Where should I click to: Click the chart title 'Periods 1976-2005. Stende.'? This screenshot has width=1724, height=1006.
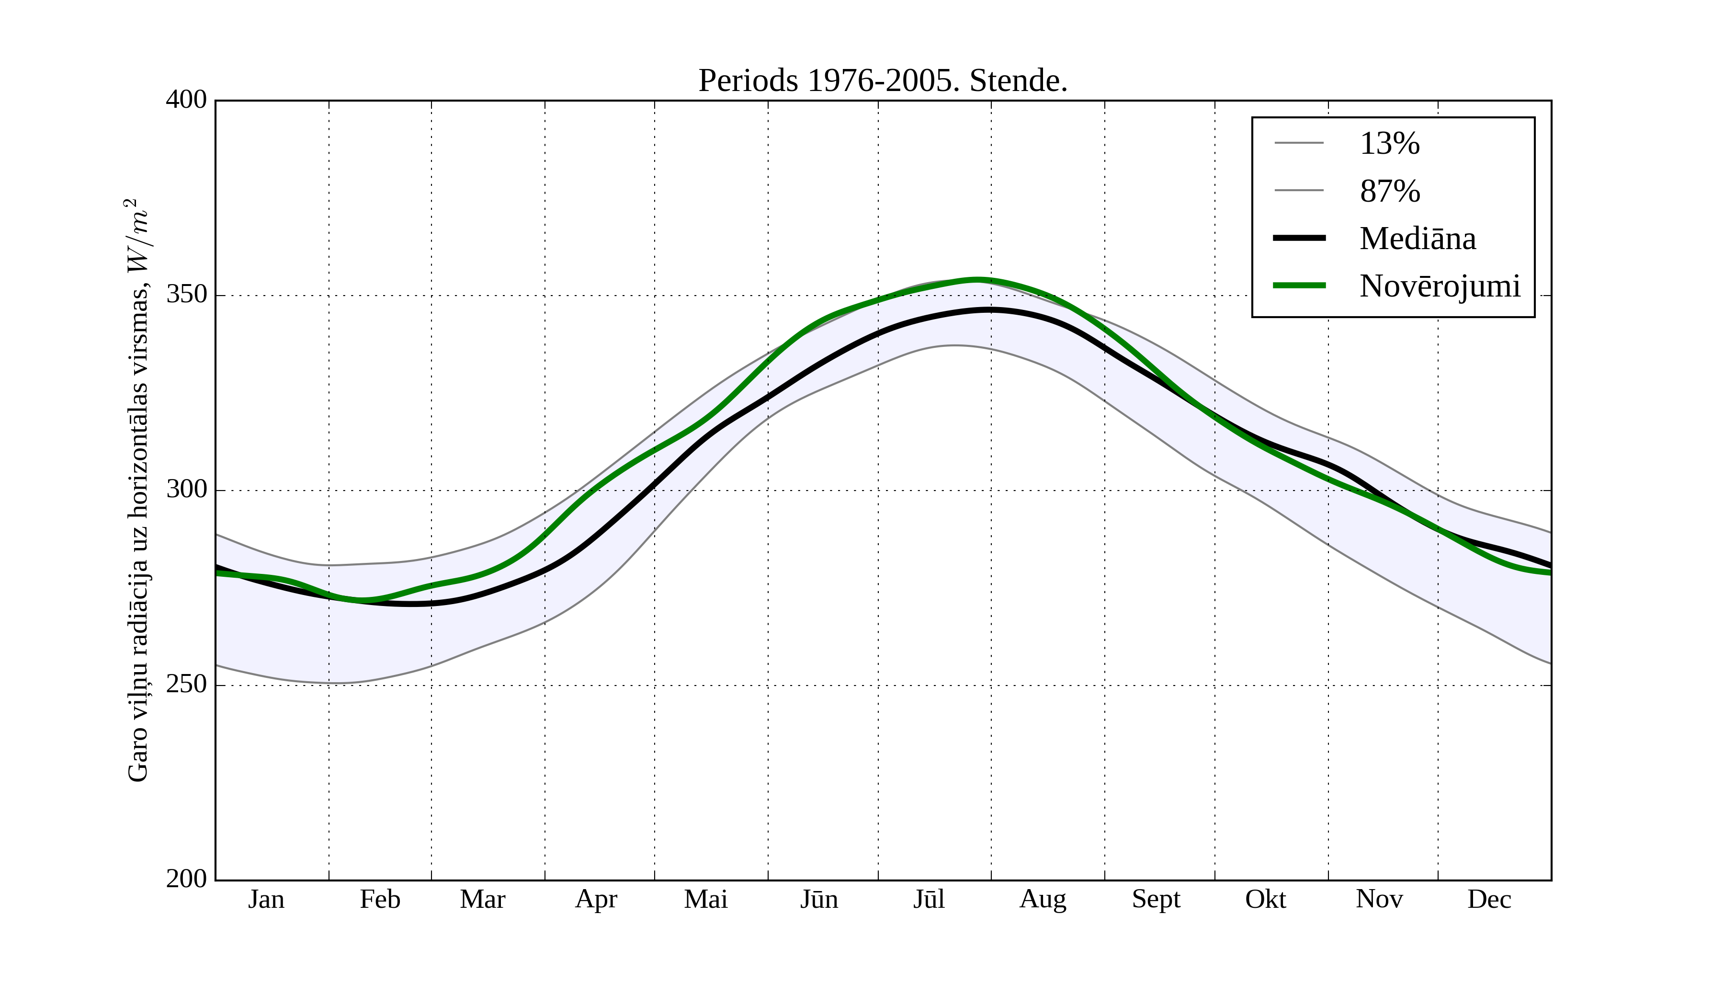(x=883, y=81)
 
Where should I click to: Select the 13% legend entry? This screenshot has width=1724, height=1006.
(x=1389, y=144)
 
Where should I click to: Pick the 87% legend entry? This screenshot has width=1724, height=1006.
(x=1389, y=191)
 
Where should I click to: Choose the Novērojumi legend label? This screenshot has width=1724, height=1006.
(x=1440, y=286)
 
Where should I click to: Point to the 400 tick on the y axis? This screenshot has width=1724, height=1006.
(x=186, y=100)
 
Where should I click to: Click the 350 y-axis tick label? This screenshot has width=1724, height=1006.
(x=186, y=295)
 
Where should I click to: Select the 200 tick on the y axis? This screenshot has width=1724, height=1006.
(x=186, y=879)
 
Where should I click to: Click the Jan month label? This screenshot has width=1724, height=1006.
(x=266, y=899)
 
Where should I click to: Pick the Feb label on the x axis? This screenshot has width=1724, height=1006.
(x=380, y=899)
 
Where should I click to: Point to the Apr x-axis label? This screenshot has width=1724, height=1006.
(x=596, y=899)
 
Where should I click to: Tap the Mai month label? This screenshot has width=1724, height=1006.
(x=705, y=899)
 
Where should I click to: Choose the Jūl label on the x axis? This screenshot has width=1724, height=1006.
(x=929, y=899)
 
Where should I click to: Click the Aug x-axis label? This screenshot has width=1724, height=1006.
(x=1043, y=899)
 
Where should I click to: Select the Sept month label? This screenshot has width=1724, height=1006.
(x=1156, y=899)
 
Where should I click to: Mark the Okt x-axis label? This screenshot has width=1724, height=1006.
(x=1266, y=899)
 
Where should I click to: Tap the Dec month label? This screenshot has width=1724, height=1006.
(x=1489, y=899)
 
